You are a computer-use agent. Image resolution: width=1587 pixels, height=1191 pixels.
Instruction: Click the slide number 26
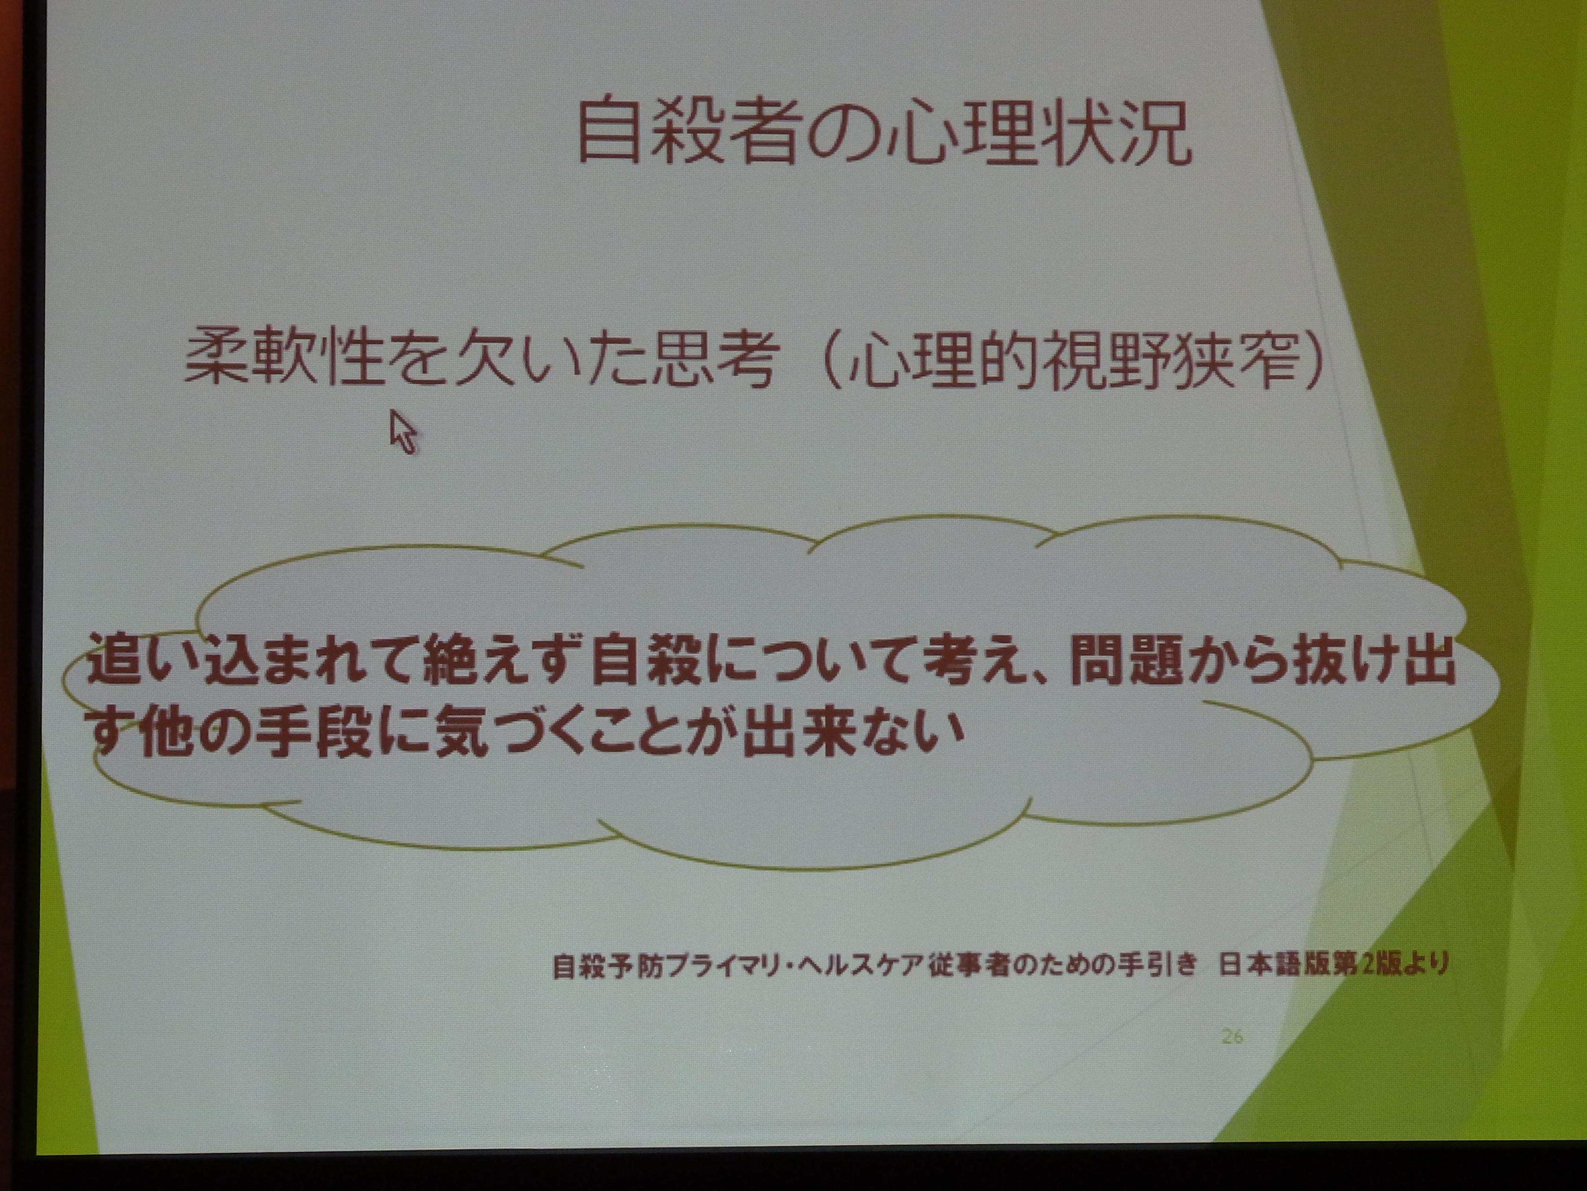tap(1232, 1036)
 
